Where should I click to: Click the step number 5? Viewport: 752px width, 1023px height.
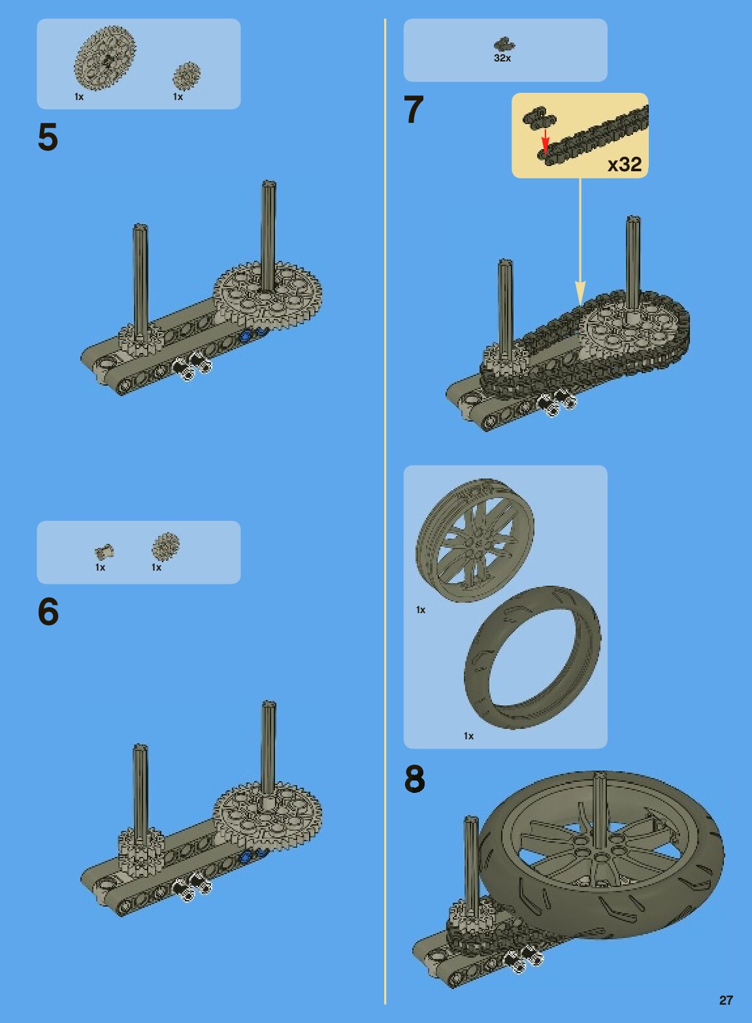[x=48, y=137]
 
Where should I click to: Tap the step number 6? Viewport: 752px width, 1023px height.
[x=48, y=612]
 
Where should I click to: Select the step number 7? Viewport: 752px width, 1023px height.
[x=414, y=110]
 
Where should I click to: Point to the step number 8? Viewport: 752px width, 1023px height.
[x=414, y=779]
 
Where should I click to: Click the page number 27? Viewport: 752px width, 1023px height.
[x=726, y=1000]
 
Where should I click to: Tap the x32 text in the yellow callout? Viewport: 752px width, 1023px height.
[x=625, y=164]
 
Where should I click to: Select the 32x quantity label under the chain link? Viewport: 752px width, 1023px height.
[x=502, y=58]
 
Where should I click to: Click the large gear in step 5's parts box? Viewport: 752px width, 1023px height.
[x=105, y=58]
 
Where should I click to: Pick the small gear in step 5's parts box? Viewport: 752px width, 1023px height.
[x=186, y=75]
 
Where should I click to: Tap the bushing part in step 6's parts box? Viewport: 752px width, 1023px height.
[x=104, y=552]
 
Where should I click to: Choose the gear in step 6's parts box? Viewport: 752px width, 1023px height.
[x=165, y=546]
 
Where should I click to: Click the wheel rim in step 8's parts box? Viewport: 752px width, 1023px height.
[x=475, y=540]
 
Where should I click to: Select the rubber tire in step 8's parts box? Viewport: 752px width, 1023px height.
[x=532, y=657]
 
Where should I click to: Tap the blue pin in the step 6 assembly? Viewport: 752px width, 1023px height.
[x=246, y=857]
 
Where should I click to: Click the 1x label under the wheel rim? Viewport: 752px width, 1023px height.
[x=421, y=610]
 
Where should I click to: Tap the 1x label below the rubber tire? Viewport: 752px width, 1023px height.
[x=468, y=736]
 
